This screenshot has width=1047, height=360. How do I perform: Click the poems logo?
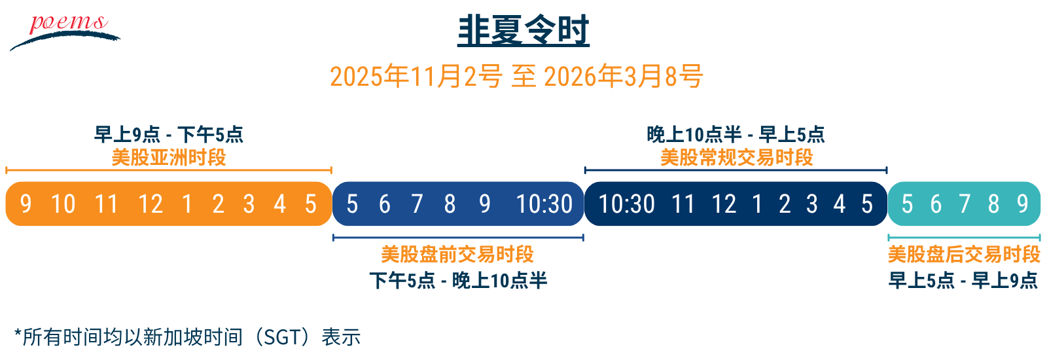pyautogui.click(x=65, y=32)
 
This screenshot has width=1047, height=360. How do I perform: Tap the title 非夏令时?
pyautogui.click(x=523, y=31)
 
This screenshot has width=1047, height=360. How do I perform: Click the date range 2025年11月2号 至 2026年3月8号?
pyautogui.click(x=516, y=76)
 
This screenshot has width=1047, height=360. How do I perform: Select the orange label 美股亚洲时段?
pyautogui.click(x=169, y=158)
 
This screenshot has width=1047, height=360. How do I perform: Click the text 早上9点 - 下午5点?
pyautogui.click(x=169, y=135)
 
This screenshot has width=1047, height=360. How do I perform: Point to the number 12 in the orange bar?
pyautogui.click(x=151, y=204)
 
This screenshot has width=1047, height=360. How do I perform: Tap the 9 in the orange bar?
pyautogui.click(x=26, y=204)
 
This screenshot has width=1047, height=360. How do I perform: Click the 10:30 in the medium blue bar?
pyautogui.click(x=544, y=204)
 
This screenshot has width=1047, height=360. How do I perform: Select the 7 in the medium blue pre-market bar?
pyautogui.click(x=417, y=204)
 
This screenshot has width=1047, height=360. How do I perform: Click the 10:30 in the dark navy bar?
pyautogui.click(x=627, y=204)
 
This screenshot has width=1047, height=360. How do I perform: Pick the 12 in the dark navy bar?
pyautogui.click(x=724, y=204)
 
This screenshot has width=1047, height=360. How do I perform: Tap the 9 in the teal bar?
pyautogui.click(x=1023, y=204)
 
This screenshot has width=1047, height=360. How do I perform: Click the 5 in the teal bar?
pyautogui.click(x=907, y=204)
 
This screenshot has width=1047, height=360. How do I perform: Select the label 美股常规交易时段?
pyautogui.click(x=737, y=158)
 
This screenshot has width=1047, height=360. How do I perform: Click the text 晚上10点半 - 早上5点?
pyautogui.click(x=736, y=135)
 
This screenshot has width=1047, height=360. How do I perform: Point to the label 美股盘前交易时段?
pyautogui.click(x=457, y=255)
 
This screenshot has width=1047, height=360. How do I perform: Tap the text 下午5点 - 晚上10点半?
pyautogui.click(x=458, y=281)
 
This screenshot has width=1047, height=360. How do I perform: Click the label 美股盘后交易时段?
pyautogui.click(x=965, y=255)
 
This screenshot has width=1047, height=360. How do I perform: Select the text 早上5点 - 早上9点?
pyautogui.click(x=963, y=281)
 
